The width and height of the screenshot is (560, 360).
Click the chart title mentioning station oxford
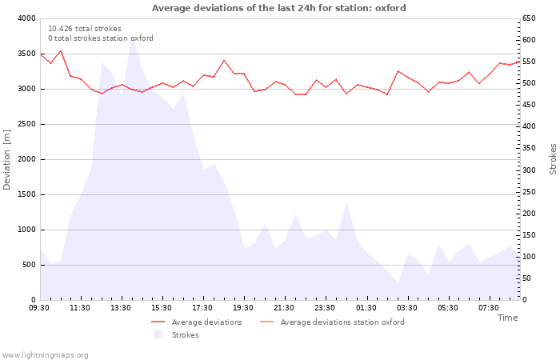tap(279, 8)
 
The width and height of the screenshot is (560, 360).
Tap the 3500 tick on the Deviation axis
tap(26, 54)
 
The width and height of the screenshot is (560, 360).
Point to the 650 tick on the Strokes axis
tap(529, 18)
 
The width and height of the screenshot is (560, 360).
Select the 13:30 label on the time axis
tap(121, 308)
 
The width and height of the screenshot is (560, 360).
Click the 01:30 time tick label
tap(366, 308)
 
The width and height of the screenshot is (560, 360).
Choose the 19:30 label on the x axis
tap(243, 308)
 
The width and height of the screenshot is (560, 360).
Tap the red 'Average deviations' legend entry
tap(197, 322)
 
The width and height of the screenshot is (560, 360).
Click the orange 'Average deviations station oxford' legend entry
tap(332, 322)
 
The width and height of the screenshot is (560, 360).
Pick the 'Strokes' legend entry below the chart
tap(176, 334)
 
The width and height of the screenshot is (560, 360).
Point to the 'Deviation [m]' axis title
tap(6, 160)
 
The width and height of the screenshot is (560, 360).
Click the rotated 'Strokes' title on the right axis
tap(553, 159)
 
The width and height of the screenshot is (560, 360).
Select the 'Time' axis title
tap(507, 318)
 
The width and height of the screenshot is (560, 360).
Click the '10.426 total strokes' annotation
tap(85, 29)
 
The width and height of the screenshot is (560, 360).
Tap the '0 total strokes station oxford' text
tap(101, 38)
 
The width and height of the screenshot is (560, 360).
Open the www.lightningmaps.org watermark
tap(45, 355)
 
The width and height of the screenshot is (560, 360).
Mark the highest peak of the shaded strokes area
tap(133, 38)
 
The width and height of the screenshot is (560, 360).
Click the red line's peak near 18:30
tap(224, 60)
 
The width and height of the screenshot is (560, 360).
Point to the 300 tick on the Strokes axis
tap(529, 170)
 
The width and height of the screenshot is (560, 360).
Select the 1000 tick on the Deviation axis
tap(26, 230)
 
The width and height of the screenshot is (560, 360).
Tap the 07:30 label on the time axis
tap(489, 308)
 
